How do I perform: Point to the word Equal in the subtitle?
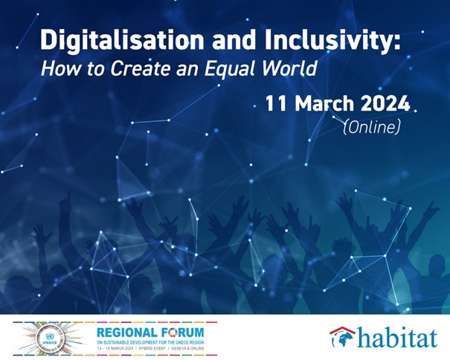click(237, 69)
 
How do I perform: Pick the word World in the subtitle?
click(291, 69)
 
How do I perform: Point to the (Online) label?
click(371, 127)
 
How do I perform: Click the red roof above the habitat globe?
click(342, 330)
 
